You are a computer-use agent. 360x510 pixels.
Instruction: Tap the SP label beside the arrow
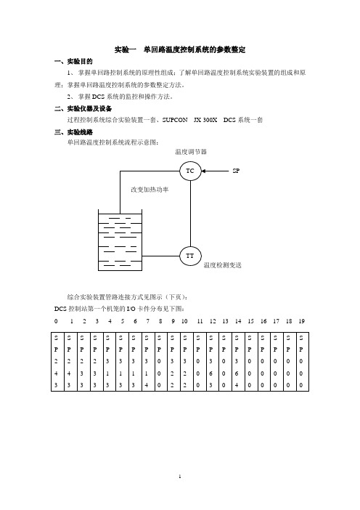coord(236,171)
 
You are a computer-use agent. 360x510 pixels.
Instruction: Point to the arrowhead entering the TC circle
coord(204,171)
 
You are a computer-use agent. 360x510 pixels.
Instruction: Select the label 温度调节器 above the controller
coord(191,152)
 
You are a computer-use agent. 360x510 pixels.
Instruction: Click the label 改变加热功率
coord(150,190)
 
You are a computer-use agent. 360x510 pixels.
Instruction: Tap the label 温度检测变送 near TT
coord(223,265)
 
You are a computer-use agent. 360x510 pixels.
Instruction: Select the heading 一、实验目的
coord(73,62)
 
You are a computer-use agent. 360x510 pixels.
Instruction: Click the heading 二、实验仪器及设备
coord(83,109)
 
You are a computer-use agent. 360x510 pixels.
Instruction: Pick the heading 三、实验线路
coord(73,132)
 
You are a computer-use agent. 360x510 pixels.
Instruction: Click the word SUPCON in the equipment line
coord(175,120)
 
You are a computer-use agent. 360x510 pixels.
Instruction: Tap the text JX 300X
coord(205,120)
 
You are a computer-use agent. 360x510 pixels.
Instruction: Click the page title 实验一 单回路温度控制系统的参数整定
coord(180,49)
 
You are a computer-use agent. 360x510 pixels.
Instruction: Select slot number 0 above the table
coord(56,321)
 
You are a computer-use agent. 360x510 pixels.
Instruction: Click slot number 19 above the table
coord(301,321)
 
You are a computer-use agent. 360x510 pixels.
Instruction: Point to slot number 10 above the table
coord(184,321)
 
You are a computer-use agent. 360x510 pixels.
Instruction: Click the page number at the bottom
coord(180,477)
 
